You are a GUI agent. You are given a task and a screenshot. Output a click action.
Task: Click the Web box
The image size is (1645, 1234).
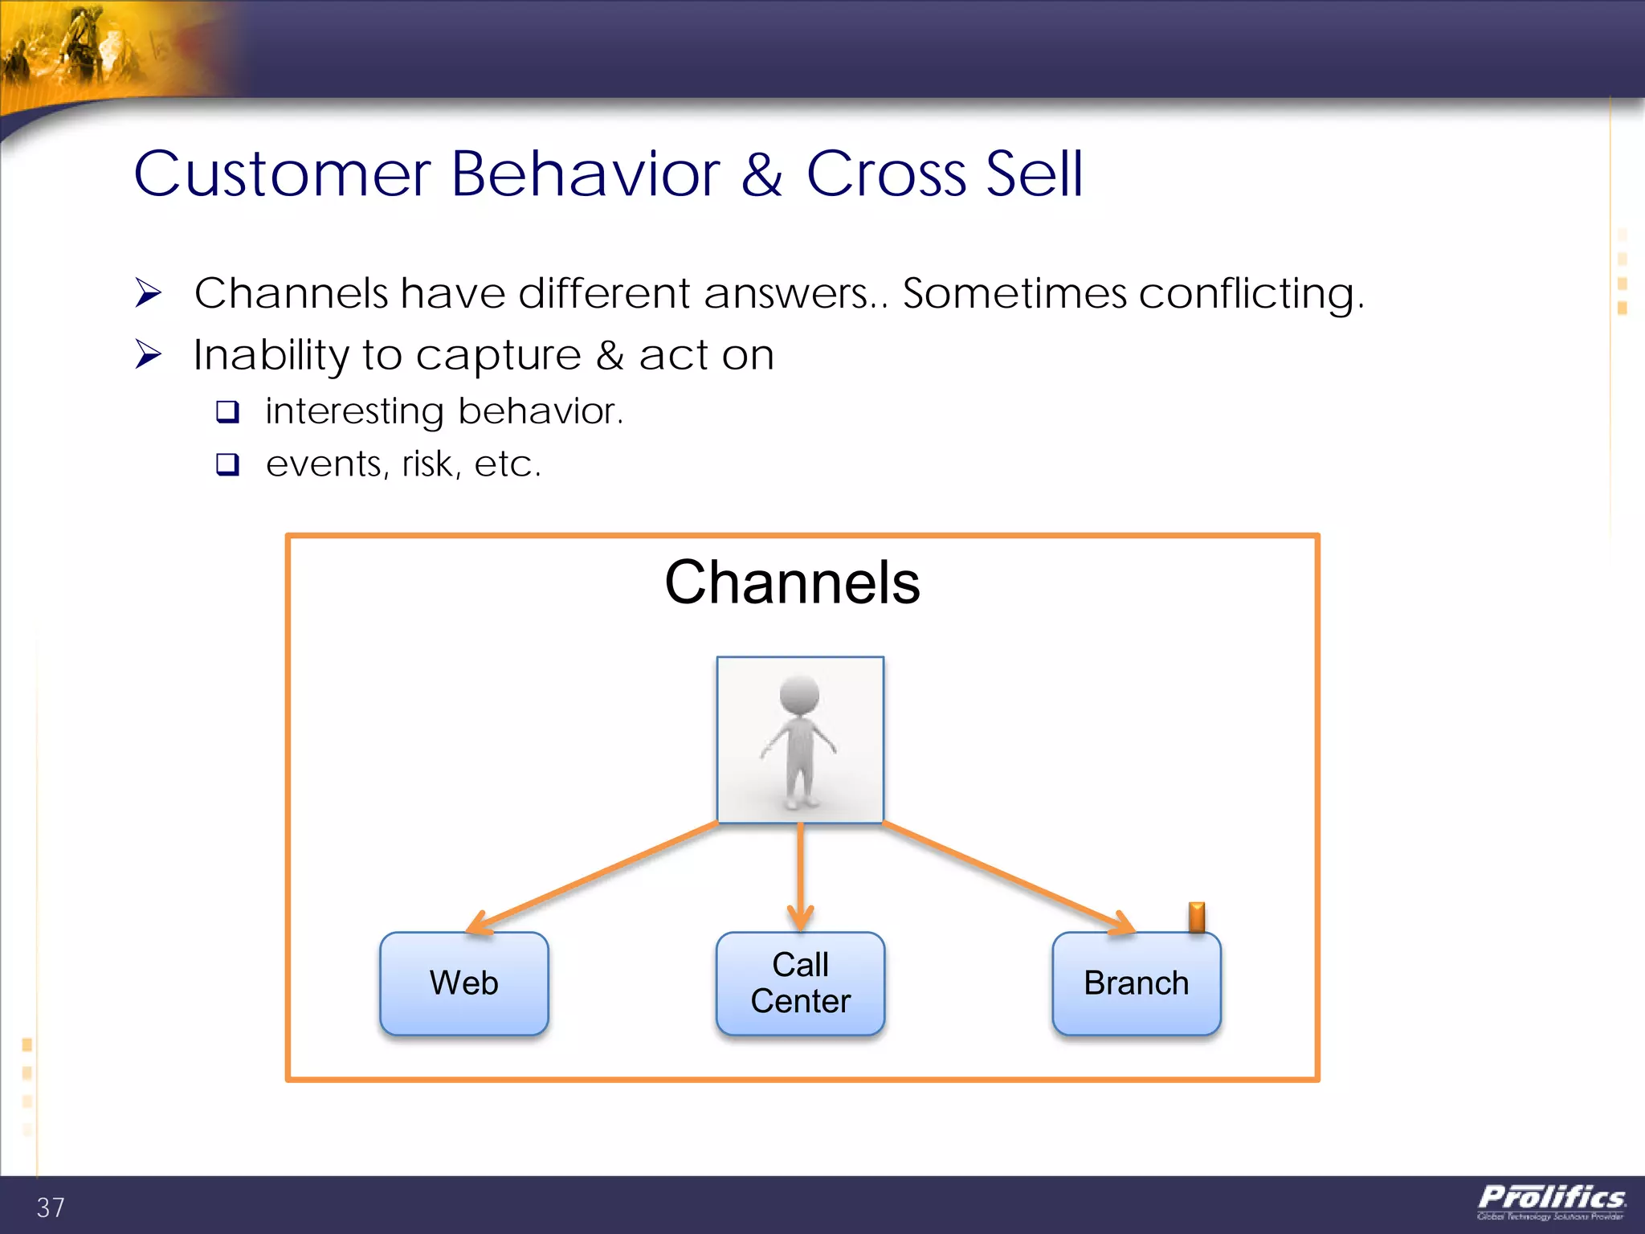(463, 983)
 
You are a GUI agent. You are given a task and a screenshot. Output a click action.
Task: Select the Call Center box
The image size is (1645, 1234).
(800, 983)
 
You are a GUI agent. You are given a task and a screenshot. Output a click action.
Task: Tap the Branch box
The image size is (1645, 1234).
(1136, 983)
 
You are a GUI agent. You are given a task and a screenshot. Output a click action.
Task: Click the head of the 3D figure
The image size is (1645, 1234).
(799, 694)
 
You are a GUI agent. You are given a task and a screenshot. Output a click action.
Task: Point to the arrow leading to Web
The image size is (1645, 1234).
(594, 877)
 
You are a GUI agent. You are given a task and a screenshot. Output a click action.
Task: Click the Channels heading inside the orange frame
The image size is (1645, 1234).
(792, 582)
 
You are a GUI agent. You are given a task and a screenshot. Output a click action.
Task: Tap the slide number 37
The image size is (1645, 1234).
(51, 1207)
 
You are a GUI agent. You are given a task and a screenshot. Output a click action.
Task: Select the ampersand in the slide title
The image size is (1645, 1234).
(761, 174)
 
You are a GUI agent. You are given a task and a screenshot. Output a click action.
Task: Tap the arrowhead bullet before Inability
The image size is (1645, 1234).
(149, 354)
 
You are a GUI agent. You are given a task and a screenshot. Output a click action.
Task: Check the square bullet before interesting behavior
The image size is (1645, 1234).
(228, 412)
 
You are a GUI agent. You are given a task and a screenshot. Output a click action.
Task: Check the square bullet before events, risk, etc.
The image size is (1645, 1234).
(228, 464)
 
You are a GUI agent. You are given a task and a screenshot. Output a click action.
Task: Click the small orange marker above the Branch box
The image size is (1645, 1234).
(1197, 916)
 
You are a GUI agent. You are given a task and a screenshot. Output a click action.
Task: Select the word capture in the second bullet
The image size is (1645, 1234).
(498, 355)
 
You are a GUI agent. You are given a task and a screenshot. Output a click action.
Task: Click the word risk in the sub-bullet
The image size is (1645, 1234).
(431, 464)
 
